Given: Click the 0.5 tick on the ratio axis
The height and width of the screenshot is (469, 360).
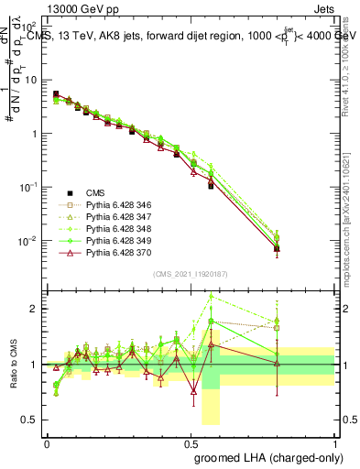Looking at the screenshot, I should pos(29,420).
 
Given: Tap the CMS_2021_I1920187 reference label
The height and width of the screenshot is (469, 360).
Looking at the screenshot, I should pos(190,274).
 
